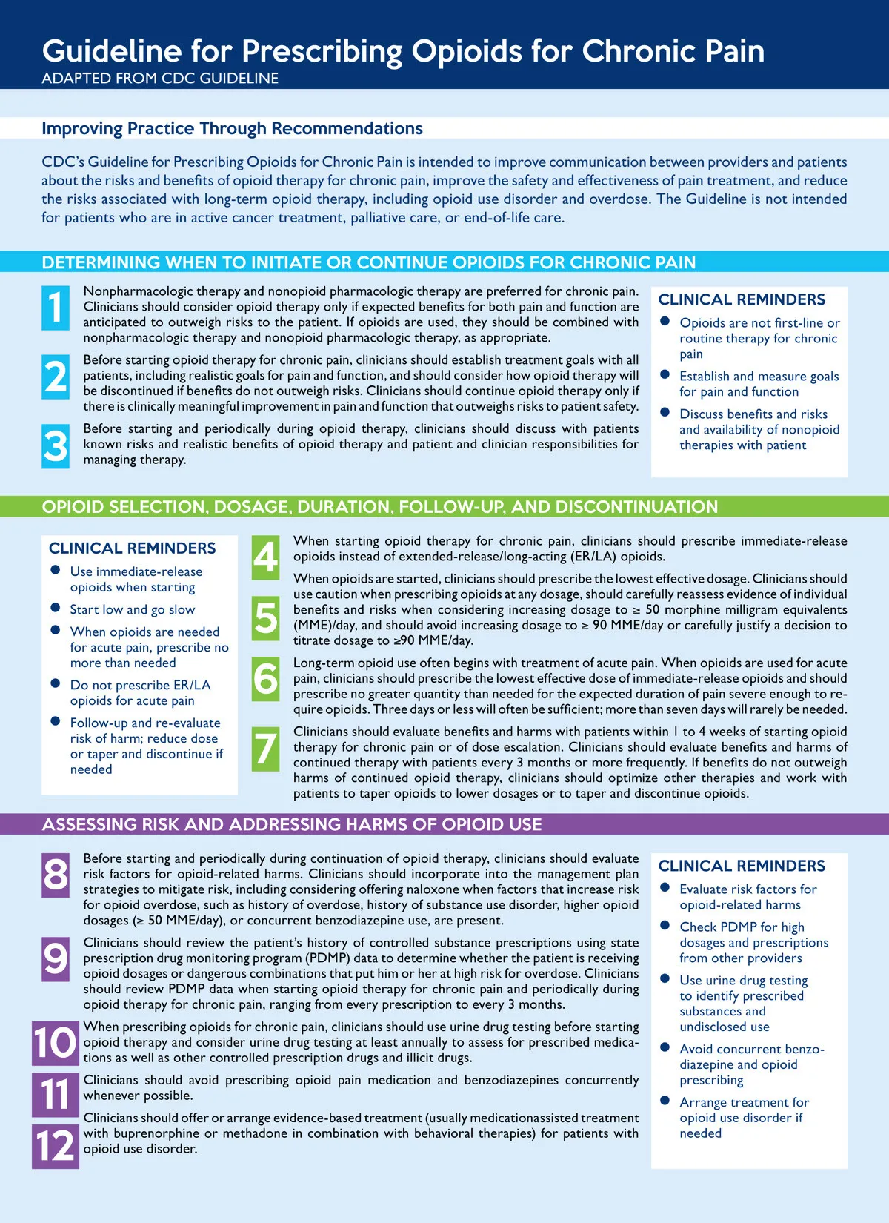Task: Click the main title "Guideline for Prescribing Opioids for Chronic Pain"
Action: (403, 51)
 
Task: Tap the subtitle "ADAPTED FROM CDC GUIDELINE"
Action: (160, 79)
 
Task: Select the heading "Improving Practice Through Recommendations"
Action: (232, 128)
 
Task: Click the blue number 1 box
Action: (56, 308)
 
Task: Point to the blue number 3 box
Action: (56, 446)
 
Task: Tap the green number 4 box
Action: (266, 557)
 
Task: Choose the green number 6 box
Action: (266, 679)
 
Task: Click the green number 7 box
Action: (266, 749)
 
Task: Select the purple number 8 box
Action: (56, 875)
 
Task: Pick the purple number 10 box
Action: (56, 1044)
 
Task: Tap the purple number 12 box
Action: (56, 1146)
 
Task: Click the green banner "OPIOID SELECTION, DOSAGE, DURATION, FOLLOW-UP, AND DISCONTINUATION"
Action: (379, 507)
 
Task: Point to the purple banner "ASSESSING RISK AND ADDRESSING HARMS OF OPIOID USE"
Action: (292, 824)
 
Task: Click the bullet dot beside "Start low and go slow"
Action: (55, 608)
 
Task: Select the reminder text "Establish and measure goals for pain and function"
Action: (759, 384)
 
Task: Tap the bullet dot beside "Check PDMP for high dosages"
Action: (665, 926)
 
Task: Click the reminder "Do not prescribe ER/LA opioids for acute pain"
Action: (140, 693)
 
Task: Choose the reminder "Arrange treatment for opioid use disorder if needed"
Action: (744, 1118)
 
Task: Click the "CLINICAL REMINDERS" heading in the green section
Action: (132, 548)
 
